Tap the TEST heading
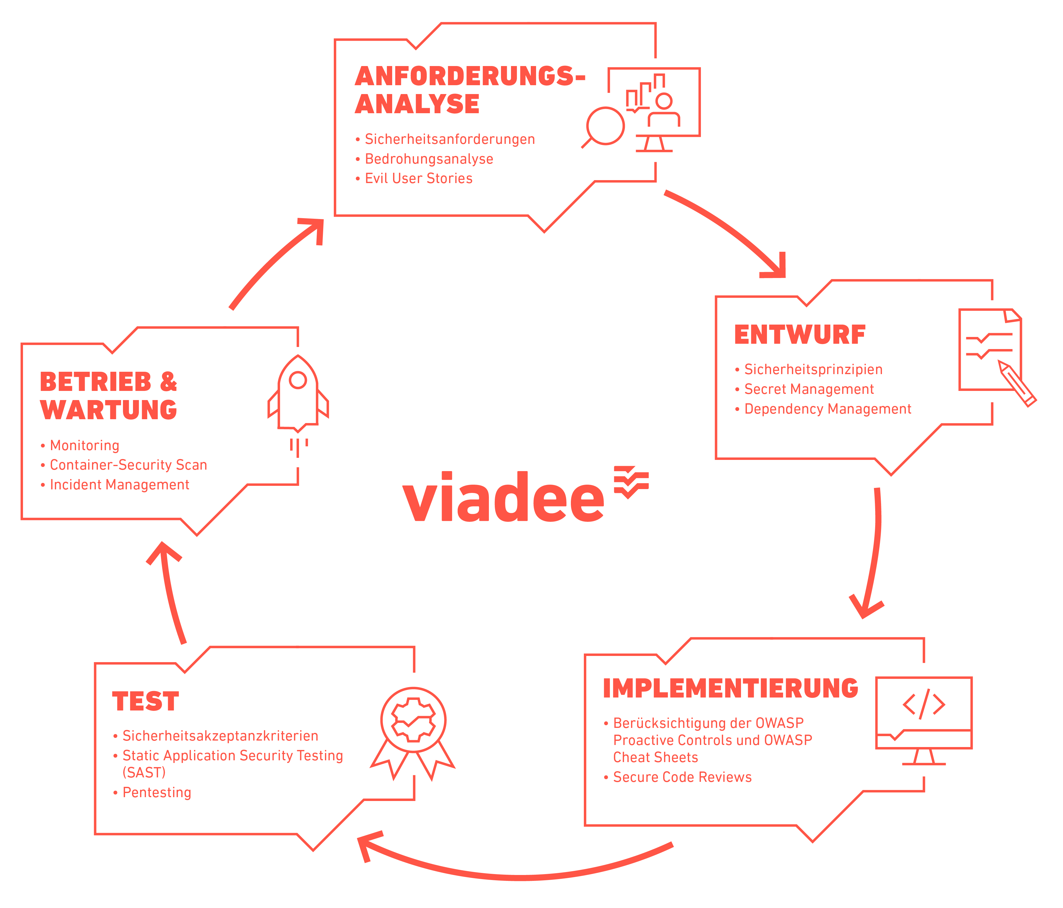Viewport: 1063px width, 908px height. coord(146,701)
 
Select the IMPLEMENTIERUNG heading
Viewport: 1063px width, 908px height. coord(730,688)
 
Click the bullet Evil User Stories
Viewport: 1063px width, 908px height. coord(418,179)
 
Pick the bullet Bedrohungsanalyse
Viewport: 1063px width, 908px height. coord(428,159)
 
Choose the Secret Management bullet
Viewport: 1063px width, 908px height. coord(809,389)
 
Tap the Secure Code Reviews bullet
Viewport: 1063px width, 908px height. coord(682,777)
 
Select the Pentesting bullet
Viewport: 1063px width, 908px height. coord(157,792)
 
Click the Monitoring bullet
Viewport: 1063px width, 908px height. coord(84,445)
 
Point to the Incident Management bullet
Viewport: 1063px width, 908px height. coord(119,485)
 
